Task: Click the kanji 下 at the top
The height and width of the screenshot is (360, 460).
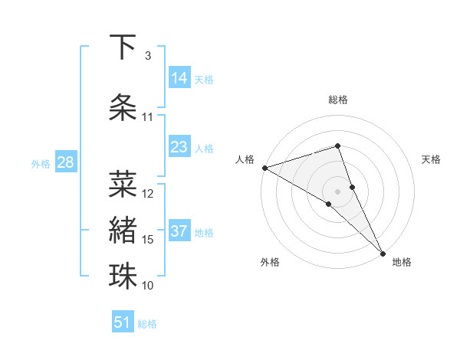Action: coord(123,47)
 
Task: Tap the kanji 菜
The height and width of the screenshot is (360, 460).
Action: coord(123,184)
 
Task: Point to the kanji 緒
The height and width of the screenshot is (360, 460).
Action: coord(123,231)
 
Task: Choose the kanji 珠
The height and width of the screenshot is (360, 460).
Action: coord(123,277)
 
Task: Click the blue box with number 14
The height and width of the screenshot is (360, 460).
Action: coord(179,78)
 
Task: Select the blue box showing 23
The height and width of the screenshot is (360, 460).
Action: coord(179,147)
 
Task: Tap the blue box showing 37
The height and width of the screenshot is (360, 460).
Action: coord(179,231)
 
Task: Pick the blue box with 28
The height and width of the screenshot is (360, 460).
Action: coord(65,162)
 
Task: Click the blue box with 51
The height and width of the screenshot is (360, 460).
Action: coord(123,322)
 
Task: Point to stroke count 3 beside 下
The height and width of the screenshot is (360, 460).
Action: coord(148,56)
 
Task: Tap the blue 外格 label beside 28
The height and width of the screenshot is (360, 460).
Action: coord(40,163)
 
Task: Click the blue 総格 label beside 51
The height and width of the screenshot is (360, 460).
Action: coord(147,324)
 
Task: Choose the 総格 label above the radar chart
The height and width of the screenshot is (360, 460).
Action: coord(338,100)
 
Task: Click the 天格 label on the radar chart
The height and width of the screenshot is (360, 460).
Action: coord(431,159)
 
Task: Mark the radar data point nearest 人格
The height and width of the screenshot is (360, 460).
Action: coord(264,168)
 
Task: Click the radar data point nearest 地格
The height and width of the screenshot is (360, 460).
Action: coord(383,251)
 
